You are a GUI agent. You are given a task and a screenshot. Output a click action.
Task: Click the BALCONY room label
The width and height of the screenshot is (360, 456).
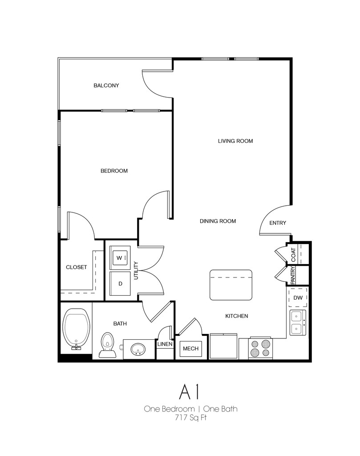coord(106,85)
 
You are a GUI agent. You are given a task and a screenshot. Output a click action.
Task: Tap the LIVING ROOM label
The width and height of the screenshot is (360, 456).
coord(235,141)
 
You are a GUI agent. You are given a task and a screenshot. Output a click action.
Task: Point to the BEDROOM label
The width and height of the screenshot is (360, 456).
coord(114,171)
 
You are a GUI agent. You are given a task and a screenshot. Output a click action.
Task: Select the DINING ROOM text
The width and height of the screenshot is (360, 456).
coord(218,221)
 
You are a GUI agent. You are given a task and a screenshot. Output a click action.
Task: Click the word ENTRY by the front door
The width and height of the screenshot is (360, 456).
coord(278,223)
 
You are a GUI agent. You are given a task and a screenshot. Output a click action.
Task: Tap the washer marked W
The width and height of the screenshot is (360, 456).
coord(120,258)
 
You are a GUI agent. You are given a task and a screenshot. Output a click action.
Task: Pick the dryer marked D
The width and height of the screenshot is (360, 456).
coord(120,284)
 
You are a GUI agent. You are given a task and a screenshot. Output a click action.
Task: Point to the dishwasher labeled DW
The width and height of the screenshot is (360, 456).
coord(298,297)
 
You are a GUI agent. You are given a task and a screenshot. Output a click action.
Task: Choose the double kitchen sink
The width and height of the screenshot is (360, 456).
coord(297,323)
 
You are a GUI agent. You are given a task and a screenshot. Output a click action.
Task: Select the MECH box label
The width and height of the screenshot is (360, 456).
coord(190,349)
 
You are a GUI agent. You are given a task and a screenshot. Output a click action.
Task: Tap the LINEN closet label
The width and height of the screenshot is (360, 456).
coord(165,344)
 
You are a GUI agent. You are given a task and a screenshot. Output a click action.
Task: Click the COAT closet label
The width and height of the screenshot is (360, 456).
coord(293,255)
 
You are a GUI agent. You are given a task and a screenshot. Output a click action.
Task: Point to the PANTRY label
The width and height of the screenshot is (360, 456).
coord(293,275)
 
